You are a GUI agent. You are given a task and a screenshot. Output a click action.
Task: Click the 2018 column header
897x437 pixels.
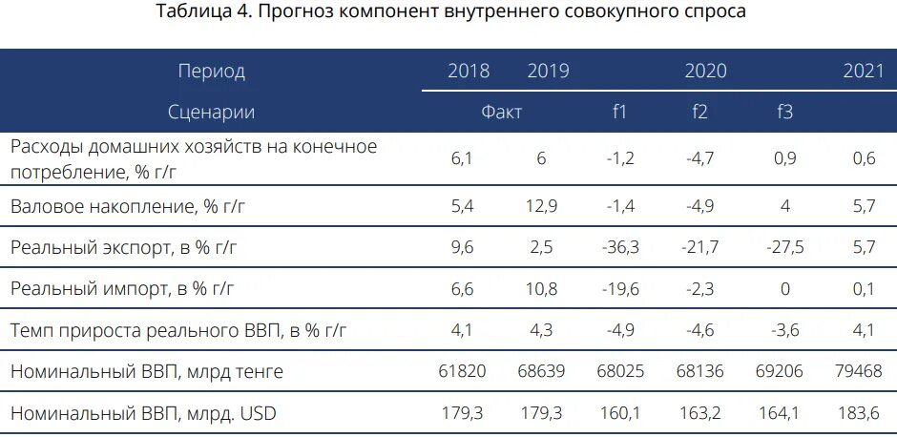tap(468, 72)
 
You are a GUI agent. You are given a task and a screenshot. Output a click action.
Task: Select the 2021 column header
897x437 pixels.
tap(863, 72)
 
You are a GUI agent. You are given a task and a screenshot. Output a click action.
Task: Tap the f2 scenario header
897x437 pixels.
tap(699, 112)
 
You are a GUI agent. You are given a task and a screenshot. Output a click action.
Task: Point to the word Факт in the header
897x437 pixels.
tap(501, 112)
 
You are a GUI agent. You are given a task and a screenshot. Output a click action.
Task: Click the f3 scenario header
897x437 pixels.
tap(784, 112)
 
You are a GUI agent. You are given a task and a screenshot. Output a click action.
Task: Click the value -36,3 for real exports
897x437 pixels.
tap(618, 247)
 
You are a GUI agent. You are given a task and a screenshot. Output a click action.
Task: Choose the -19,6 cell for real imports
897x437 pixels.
tap(618, 289)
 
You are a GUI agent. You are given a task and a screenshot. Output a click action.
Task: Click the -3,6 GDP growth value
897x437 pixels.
tap(785, 331)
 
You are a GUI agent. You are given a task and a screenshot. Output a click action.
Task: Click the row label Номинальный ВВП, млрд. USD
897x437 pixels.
tap(143, 413)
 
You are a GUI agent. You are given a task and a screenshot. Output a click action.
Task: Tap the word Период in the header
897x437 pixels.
tap(211, 72)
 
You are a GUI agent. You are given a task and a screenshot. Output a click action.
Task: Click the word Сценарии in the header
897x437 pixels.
tap(211, 112)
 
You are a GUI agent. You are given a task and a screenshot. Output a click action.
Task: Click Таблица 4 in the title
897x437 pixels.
tap(201, 12)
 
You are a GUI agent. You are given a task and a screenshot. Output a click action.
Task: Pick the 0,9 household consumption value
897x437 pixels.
tap(785, 159)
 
